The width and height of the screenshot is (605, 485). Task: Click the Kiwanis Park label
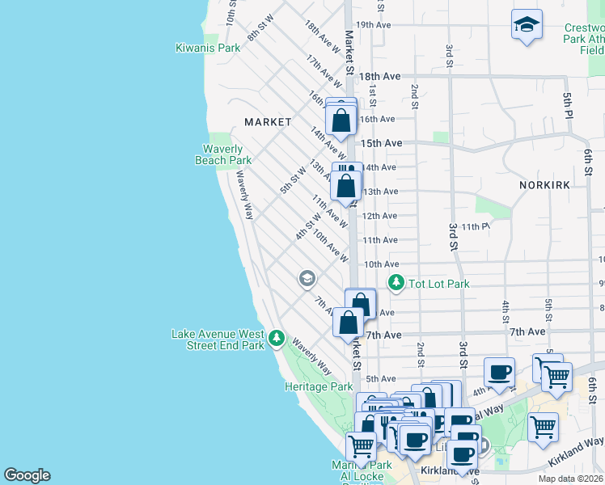pyautogui.click(x=208, y=48)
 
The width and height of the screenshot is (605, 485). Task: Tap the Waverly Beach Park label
pyautogui.click(x=223, y=154)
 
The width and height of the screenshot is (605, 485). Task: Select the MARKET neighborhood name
pyautogui.click(x=268, y=122)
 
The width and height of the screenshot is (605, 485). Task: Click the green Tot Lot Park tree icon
pyautogui.click(x=396, y=283)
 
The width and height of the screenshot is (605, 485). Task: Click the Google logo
pyautogui.click(x=27, y=475)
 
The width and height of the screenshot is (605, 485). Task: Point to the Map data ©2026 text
pyautogui.click(x=571, y=479)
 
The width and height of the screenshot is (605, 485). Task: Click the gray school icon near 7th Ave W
pyautogui.click(x=307, y=279)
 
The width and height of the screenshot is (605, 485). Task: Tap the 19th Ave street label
pyautogui.click(x=374, y=25)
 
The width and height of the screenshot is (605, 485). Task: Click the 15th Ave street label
pyautogui.click(x=381, y=143)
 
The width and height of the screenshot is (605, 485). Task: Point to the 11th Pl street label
pyautogui.click(x=476, y=227)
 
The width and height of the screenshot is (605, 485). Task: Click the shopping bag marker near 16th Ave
pyautogui.click(x=342, y=120)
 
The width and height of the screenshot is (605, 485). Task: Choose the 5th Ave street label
pyautogui.click(x=380, y=378)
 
